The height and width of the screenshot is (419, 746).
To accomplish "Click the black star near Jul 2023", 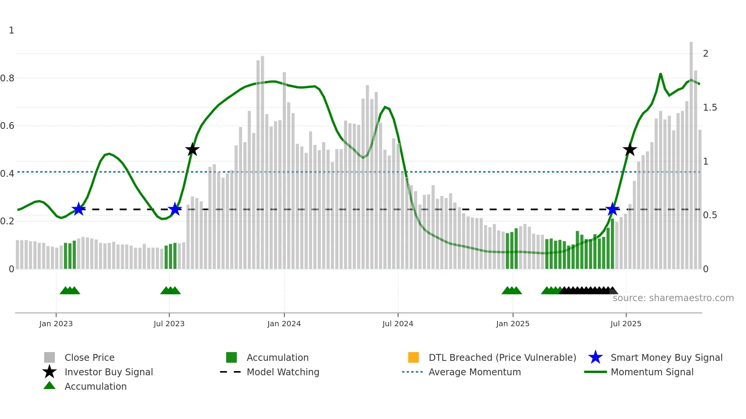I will pos(192,149).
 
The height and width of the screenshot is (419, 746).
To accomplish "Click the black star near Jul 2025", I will pos(630,149).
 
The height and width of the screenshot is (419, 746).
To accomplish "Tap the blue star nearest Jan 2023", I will pos(78,209).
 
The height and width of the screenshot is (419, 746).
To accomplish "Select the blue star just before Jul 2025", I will pos(612,209).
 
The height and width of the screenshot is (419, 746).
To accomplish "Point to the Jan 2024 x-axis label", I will pos(284,324).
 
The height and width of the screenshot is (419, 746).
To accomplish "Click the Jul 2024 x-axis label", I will pos(398,324).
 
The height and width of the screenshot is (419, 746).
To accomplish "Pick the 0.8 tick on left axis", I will pos(7,78).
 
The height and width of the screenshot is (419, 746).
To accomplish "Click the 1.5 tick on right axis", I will pos(709,108).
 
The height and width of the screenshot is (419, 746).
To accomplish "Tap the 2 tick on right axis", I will pos(705,54).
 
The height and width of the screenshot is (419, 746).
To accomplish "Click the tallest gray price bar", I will pos(691,152).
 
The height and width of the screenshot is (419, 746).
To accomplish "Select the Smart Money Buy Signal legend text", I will pos(666,357).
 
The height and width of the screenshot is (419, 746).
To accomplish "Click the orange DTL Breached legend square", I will pos(413,357).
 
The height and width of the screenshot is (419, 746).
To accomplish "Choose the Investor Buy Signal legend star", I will pos(49,372).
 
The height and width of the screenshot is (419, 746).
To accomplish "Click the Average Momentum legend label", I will pos(474,372).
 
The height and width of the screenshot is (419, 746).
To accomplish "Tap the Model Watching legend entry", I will pos(282,372).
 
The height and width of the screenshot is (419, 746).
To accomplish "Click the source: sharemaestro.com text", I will pos(673,298).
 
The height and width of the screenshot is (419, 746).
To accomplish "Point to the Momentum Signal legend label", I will pos(652,372).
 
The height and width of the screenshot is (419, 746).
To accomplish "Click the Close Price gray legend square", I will pos(49,357).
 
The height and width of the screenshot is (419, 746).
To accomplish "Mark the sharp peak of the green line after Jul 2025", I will pos(660,74).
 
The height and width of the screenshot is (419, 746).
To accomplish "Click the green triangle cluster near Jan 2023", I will pos(70,290).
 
